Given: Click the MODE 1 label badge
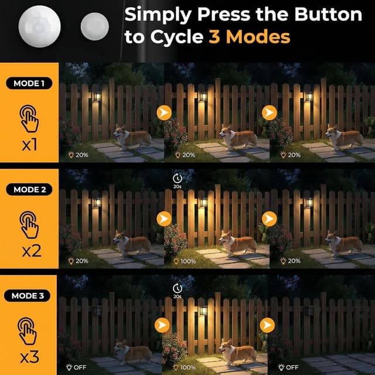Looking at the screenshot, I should click(x=29, y=83).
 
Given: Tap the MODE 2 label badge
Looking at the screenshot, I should click(x=29, y=189).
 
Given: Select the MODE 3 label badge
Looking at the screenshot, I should click(x=29, y=295).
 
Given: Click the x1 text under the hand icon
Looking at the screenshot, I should click(x=29, y=144).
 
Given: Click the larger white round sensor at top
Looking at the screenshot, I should click(x=39, y=24).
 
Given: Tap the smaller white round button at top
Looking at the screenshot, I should click(x=94, y=26).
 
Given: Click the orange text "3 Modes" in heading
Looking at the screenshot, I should click(x=249, y=37).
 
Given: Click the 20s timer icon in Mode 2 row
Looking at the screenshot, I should click(x=178, y=178).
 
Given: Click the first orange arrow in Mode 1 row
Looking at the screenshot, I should click(x=163, y=112).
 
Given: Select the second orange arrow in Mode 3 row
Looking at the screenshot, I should click(x=268, y=325).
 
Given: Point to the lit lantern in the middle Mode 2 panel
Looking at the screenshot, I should click(x=203, y=203).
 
